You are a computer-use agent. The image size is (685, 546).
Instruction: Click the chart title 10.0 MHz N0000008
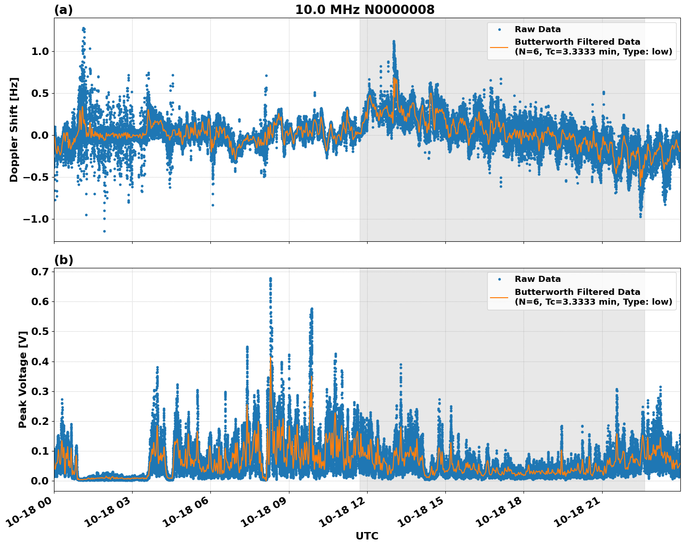364,10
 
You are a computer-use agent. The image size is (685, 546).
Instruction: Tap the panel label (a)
63,10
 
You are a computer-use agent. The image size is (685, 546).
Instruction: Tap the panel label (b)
63,260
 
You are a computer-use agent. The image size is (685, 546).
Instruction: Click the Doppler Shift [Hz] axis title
14,130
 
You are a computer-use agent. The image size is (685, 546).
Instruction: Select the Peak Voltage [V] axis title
23,379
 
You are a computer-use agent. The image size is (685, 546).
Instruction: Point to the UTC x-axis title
367,536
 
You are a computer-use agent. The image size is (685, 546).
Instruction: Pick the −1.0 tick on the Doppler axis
37,219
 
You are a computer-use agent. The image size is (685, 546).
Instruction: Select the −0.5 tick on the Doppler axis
37,177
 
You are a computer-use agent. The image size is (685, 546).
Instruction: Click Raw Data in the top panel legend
537,29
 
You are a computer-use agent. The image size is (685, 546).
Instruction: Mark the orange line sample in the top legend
499,47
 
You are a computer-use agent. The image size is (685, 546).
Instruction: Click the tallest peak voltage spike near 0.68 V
270,279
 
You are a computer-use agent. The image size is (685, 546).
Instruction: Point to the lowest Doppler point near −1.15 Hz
104,231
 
